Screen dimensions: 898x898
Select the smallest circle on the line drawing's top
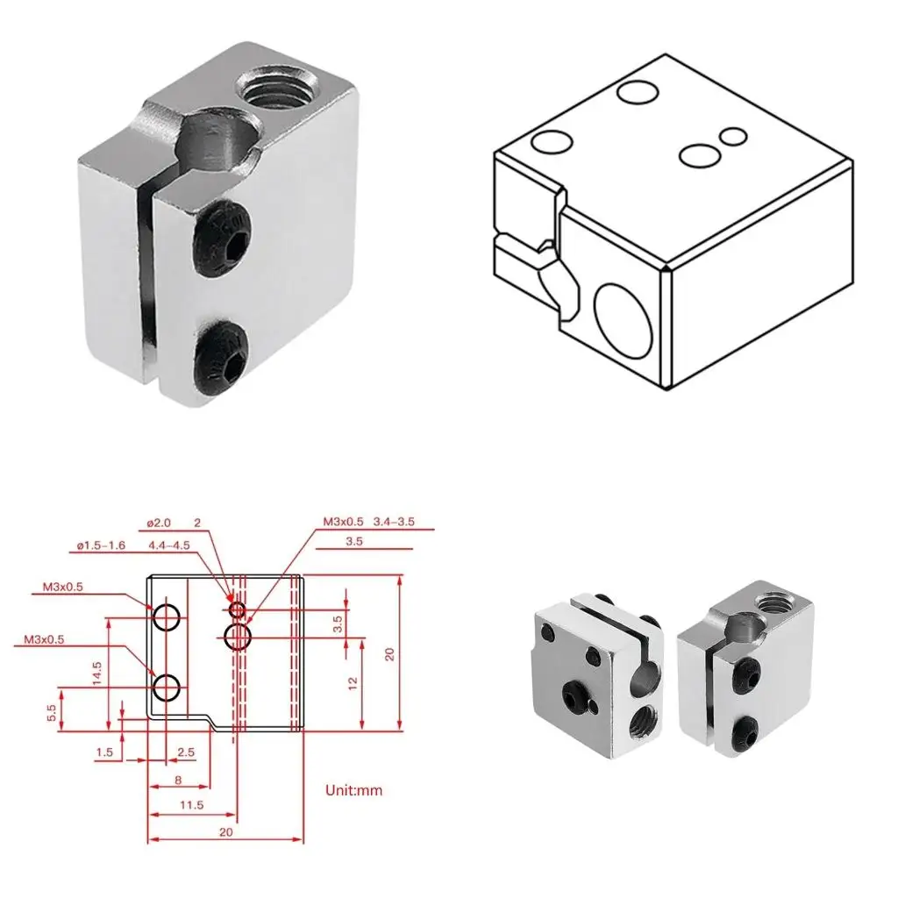733,137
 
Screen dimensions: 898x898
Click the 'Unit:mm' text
354,790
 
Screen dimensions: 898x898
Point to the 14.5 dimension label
98,671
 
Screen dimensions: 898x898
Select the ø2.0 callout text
159,524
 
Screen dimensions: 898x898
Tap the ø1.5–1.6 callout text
102,546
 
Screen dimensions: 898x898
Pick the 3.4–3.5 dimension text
393,523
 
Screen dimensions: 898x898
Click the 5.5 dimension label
52,712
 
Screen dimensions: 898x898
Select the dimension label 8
178,780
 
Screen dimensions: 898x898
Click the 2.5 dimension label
185,752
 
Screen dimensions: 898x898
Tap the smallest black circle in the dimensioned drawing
237,609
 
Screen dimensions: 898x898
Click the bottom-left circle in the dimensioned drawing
167,687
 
